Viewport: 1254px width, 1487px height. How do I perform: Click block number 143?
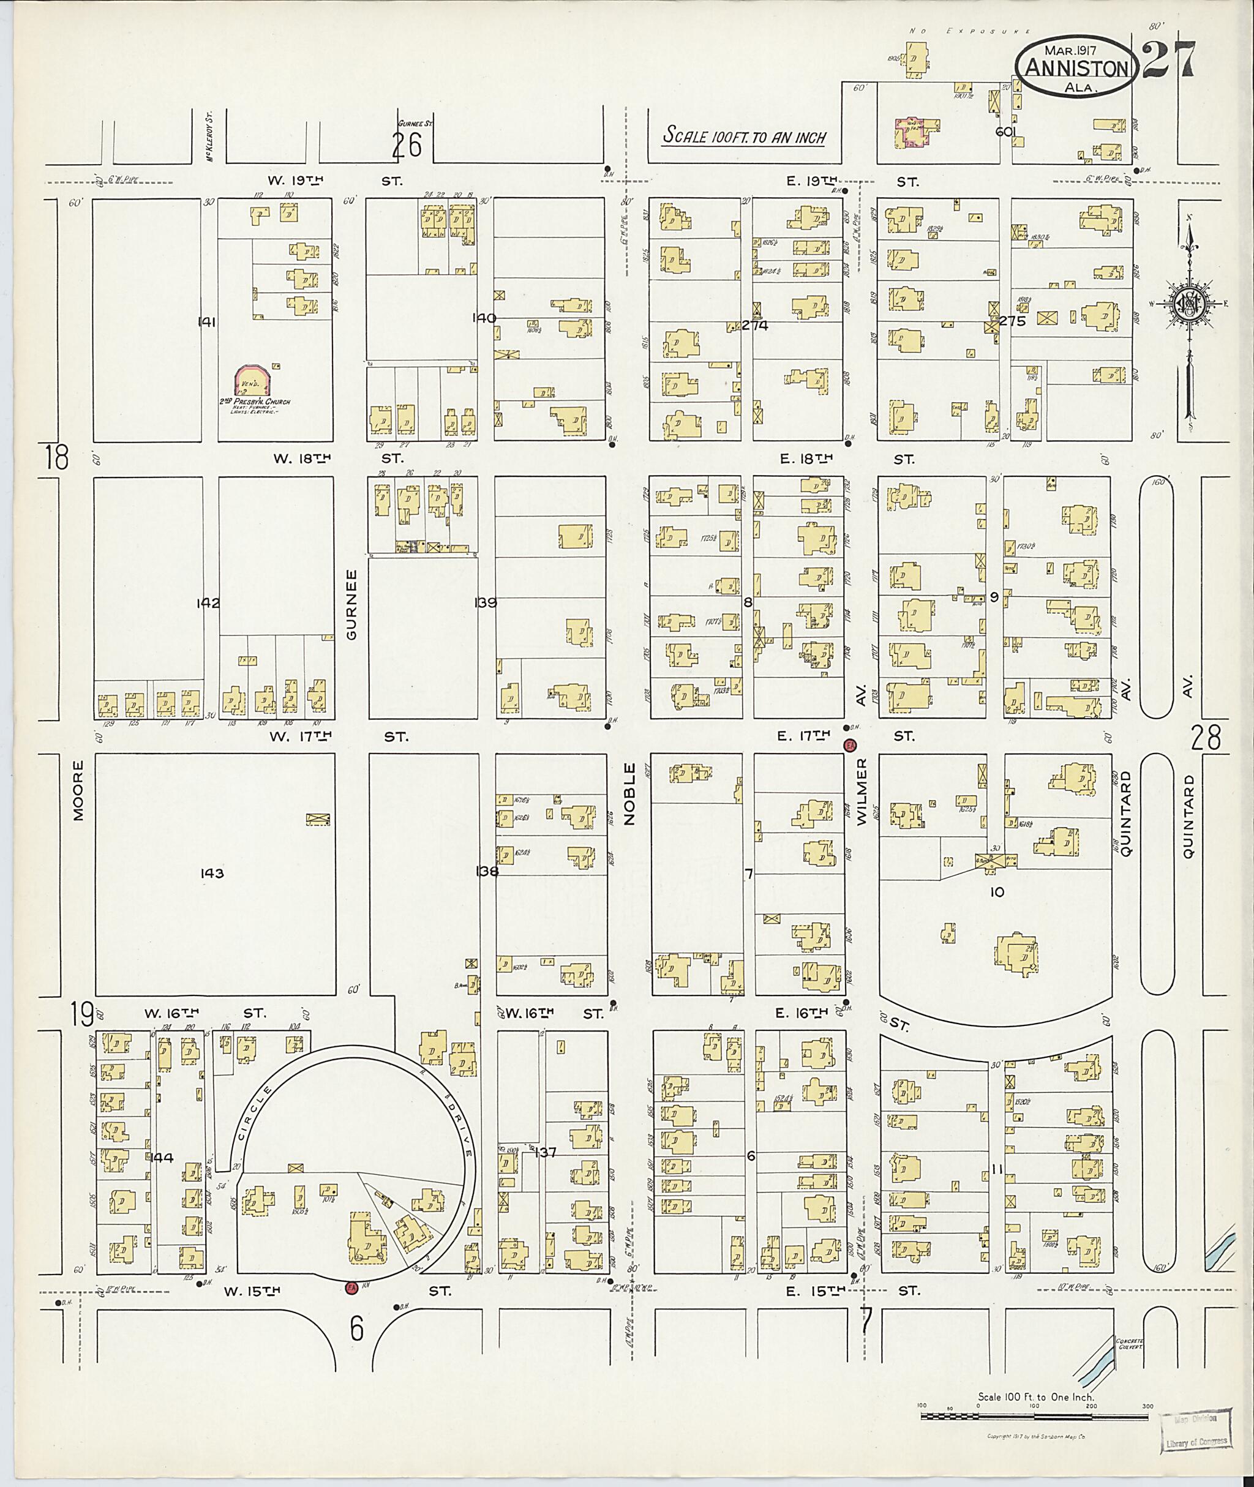(212, 873)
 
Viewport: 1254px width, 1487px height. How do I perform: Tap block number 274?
(755, 326)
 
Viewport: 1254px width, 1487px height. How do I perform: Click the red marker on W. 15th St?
(350, 1287)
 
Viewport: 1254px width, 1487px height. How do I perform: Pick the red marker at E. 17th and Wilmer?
(849, 744)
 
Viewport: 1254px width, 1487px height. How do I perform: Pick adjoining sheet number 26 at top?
(407, 145)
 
